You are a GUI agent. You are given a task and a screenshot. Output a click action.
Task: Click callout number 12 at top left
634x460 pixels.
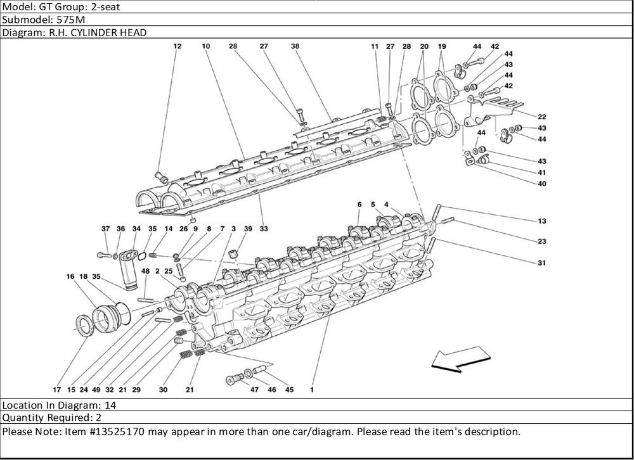pos(177,46)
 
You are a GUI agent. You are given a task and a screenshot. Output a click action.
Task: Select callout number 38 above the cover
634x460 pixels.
pos(295,46)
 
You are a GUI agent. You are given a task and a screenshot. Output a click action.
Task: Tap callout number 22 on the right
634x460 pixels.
pos(542,117)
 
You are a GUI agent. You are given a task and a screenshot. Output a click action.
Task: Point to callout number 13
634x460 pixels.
pos(542,220)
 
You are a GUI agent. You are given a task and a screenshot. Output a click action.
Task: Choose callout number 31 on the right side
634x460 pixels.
pos(542,262)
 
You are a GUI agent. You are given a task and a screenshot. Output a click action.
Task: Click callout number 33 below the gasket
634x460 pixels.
pos(264,228)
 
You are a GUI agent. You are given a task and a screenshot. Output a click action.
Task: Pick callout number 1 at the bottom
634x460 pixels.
pos(312,390)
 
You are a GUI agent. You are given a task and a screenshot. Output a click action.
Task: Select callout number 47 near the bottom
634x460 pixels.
pos(254,390)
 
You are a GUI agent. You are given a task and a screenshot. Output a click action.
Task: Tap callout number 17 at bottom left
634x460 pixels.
pos(56,390)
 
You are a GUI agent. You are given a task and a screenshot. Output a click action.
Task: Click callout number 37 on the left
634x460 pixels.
pos(105,228)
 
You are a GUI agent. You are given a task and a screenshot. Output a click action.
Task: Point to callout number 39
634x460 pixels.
pos(248,228)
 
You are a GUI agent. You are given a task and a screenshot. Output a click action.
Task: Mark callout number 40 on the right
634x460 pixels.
pos(542,184)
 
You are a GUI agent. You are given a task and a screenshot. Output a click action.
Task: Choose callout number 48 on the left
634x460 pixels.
pos(145,271)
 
